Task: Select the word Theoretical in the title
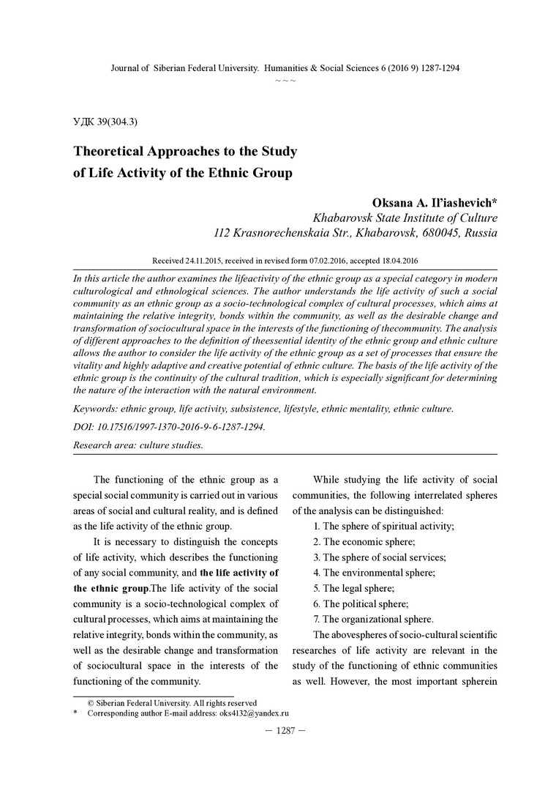113,152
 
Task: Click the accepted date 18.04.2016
397,261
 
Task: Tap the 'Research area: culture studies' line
138,445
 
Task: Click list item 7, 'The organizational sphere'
373,618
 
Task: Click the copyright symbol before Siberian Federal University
91,702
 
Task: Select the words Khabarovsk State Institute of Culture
405,218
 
